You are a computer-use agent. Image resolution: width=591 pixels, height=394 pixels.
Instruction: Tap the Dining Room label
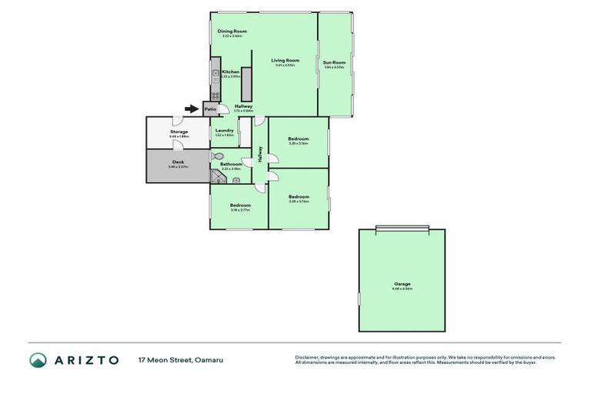point(232,32)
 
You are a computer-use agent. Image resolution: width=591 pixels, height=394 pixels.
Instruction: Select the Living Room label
point(285,60)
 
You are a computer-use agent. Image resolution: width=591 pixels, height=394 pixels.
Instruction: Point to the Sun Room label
point(334,62)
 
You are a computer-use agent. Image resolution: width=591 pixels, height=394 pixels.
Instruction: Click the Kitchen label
point(231,72)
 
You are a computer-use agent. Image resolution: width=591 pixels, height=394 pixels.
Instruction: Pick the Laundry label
point(225,131)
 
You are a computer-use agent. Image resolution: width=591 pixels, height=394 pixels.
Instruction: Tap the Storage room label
point(178,132)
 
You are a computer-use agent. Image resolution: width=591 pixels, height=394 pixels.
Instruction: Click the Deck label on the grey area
point(178,162)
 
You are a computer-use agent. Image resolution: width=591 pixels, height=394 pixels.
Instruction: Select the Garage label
point(402,284)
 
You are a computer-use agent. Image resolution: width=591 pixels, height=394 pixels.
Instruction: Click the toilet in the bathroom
point(217,156)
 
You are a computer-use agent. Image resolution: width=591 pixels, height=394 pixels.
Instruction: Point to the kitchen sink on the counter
point(215,75)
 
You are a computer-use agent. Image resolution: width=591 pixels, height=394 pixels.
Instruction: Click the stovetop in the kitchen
point(215,95)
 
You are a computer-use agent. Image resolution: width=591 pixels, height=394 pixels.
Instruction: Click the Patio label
point(210,109)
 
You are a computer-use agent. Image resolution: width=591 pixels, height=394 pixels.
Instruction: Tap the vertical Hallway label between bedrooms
point(260,154)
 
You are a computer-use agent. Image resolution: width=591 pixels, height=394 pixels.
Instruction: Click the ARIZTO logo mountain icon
point(38,360)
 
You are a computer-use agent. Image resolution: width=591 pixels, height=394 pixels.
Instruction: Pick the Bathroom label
point(231,164)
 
